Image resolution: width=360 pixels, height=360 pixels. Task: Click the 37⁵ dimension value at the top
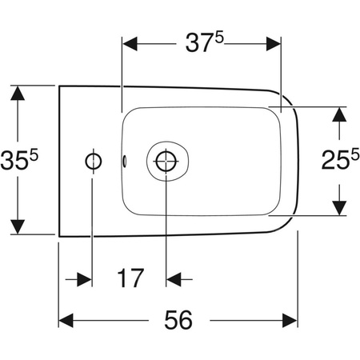[x=199, y=44]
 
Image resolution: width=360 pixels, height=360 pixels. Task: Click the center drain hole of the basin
[x=166, y=161]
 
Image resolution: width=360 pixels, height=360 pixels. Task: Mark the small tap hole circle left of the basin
[x=92, y=161]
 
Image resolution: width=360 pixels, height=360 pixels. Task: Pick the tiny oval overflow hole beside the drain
[x=125, y=161]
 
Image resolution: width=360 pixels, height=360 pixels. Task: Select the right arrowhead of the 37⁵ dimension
[x=273, y=43]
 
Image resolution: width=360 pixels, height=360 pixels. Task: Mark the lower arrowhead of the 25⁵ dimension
[x=341, y=207]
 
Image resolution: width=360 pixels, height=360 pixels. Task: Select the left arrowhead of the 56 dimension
[x=67, y=320]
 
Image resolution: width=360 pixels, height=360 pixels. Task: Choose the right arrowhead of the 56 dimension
[x=290, y=320]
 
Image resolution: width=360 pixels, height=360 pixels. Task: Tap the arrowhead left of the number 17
[x=84, y=279]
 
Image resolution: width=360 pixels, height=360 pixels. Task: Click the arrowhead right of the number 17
[x=174, y=279]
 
